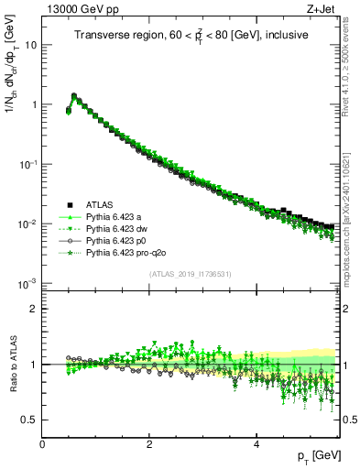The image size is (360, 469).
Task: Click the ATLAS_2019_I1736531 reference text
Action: (190, 275)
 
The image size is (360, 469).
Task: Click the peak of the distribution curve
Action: (73, 94)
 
